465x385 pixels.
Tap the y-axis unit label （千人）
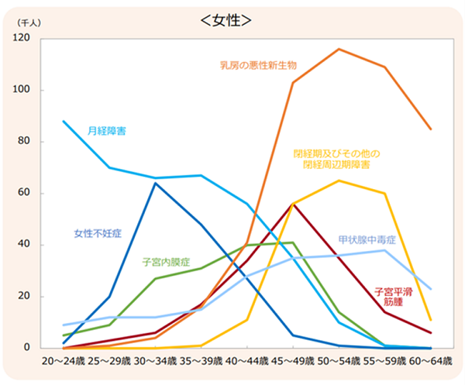click(29, 24)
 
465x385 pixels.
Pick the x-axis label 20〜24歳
click(64, 363)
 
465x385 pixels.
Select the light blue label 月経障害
click(107, 131)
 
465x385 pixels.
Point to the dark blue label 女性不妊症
click(98, 232)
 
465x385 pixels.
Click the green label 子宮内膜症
click(167, 262)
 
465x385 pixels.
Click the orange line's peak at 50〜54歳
click(339, 49)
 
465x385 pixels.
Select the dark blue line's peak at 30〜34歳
click(156, 183)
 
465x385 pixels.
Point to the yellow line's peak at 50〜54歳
click(339, 180)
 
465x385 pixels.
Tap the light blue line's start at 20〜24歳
click(64, 121)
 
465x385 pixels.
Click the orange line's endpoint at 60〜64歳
click(431, 129)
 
